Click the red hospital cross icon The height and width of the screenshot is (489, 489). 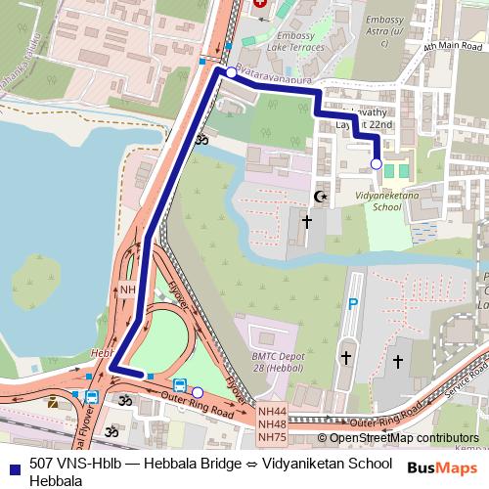(260, 4)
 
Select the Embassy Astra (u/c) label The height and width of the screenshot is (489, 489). (382, 25)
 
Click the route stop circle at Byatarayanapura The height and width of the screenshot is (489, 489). (231, 72)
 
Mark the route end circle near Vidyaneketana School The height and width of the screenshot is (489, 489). (377, 164)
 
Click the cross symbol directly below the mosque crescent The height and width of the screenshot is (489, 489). (306, 222)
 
